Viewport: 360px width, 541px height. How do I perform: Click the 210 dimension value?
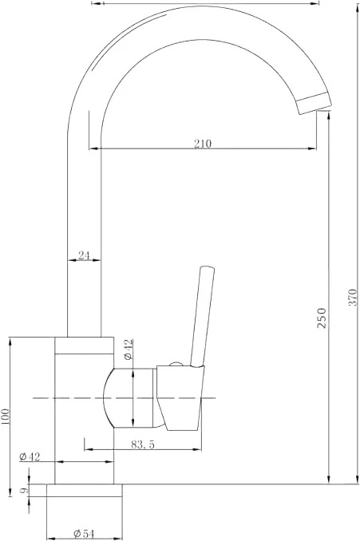tap(202, 143)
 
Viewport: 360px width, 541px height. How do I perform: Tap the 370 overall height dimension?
tap(352, 297)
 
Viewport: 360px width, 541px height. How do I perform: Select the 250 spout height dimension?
tap(322, 318)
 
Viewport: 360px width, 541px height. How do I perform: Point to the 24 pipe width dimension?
tap(84, 255)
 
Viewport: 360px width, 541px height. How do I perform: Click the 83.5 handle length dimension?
tap(143, 444)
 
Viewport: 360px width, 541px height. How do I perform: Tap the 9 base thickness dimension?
tap(23, 490)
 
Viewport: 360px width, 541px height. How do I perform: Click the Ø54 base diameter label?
tap(84, 534)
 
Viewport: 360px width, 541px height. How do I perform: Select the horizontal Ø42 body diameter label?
tap(30, 456)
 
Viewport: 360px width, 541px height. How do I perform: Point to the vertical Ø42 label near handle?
tap(128, 349)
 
